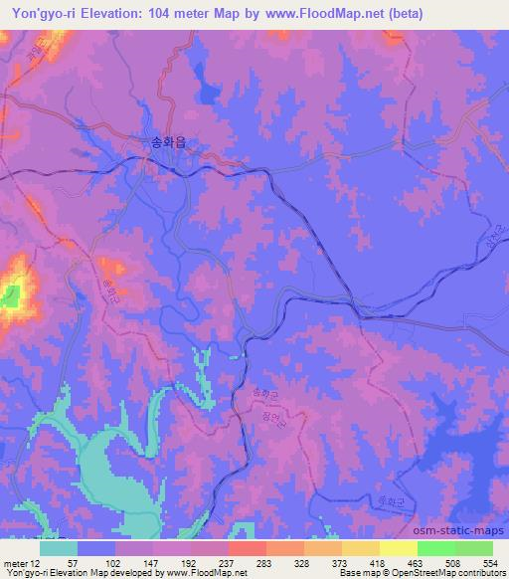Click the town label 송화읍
click(x=168, y=141)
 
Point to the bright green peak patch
click(x=11, y=295)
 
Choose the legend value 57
click(x=78, y=563)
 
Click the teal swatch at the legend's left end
click(x=59, y=548)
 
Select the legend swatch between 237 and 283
click(x=248, y=548)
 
